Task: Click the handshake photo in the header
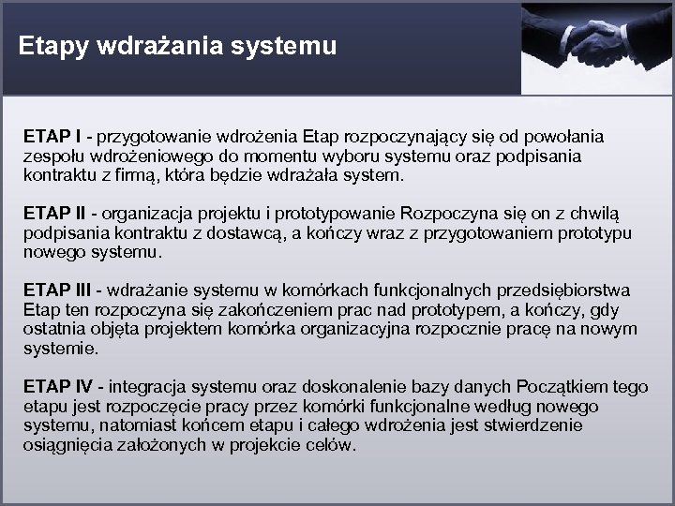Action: pyautogui.click(x=596, y=47)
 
